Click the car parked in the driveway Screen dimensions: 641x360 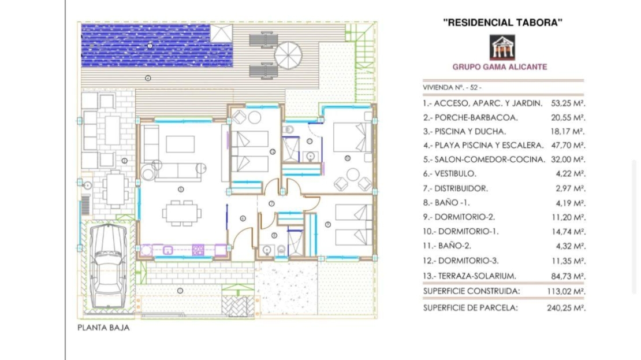click(108, 266)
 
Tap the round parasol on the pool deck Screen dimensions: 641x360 click(288, 55)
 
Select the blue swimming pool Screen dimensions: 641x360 click(157, 46)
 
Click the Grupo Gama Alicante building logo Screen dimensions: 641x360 click(502, 47)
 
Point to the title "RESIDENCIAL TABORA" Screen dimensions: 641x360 click(503, 23)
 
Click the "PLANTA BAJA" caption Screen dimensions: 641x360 click(103, 328)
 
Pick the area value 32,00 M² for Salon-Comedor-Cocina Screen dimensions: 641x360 click(568, 159)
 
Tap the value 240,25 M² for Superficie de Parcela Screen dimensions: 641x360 click(566, 308)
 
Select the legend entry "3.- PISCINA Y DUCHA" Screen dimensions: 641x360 click(464, 132)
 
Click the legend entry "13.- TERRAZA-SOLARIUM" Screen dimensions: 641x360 click(469, 276)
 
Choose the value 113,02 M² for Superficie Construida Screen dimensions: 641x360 click(566, 292)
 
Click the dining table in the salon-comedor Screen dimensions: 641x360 click(181, 213)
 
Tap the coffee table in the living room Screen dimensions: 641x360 click(180, 144)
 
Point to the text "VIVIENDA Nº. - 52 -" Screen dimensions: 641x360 click(452, 88)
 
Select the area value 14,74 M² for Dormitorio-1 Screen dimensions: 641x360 click(568, 232)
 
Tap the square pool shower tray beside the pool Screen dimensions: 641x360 click(222, 33)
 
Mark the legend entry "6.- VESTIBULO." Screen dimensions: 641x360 click(450, 174)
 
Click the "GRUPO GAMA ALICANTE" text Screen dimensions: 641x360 click(500, 66)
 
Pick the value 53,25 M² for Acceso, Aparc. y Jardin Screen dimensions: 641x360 click(568, 103)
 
